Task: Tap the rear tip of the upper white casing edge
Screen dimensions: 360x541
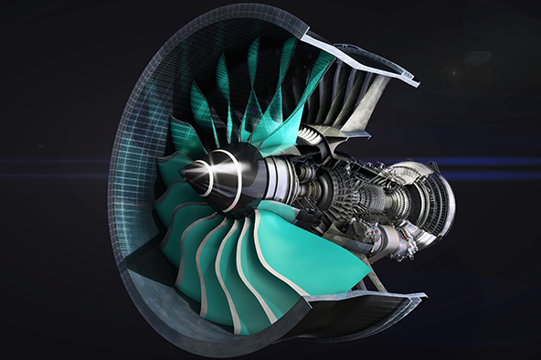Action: pyautogui.click(x=416, y=83)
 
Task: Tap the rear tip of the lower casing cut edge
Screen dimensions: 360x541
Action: pyautogui.click(x=423, y=298)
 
